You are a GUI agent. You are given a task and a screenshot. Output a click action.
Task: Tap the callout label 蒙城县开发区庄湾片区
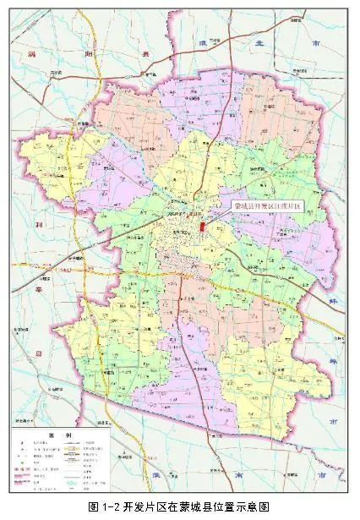pyautogui.click(x=267, y=205)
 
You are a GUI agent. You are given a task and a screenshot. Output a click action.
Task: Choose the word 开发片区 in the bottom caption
pyautogui.click(x=141, y=507)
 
